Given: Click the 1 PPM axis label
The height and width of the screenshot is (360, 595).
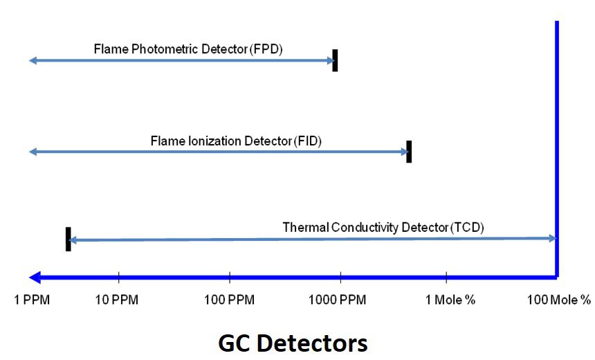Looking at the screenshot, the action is click(x=32, y=300).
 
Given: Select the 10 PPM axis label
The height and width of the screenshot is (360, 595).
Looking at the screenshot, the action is click(x=116, y=300).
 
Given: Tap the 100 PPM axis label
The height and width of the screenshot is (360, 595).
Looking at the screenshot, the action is click(x=229, y=300).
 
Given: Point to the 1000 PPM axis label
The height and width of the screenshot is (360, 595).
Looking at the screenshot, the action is click(x=338, y=300).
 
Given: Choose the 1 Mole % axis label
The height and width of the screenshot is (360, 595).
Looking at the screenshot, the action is click(x=450, y=300).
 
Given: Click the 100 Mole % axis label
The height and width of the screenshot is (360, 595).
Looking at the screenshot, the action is click(x=559, y=300).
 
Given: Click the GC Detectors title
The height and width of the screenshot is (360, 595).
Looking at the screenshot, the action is click(x=293, y=343).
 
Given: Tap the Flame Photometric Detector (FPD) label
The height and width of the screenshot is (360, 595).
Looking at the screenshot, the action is click(x=188, y=49).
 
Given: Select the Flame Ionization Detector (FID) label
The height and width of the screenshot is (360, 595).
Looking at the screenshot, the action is click(x=236, y=141).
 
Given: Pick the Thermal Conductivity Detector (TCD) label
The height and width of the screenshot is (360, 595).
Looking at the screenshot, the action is click(x=383, y=228).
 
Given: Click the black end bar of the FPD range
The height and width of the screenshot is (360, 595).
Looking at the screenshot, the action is click(x=335, y=60).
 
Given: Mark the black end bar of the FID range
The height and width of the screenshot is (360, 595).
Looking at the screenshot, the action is click(x=409, y=152).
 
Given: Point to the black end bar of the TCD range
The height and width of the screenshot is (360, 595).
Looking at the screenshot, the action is click(x=68, y=240).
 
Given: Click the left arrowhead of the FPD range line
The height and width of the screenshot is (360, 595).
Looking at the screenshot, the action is click(x=33, y=60).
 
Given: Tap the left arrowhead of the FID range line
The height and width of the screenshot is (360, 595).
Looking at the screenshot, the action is click(x=33, y=152).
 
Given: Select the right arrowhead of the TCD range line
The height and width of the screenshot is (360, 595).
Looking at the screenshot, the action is click(x=553, y=238).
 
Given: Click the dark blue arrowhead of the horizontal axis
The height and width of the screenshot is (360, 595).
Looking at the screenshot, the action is click(x=35, y=278).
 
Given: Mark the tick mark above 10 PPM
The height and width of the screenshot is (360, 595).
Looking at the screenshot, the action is click(x=119, y=277).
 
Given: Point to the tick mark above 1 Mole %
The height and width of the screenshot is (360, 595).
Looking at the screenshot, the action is click(x=446, y=277).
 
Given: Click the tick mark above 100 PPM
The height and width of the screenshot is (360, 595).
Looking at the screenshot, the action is click(x=230, y=277).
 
